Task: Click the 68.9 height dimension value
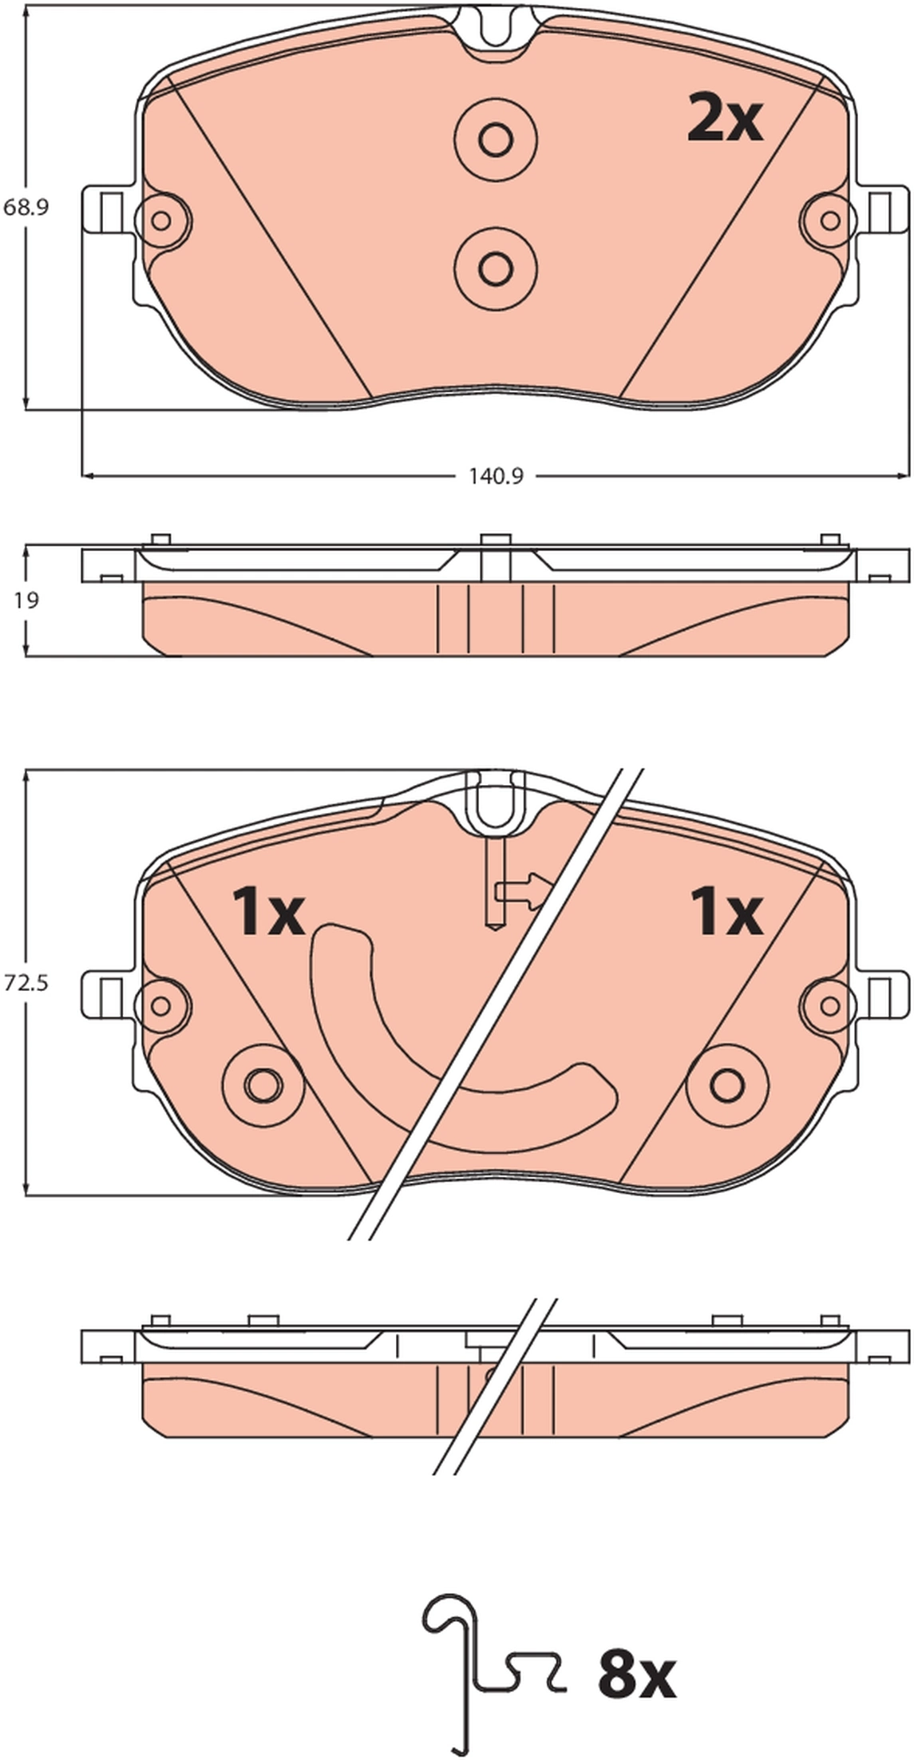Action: click(x=26, y=208)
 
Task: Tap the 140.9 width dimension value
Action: click(x=495, y=477)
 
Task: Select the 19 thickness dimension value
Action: click(x=26, y=601)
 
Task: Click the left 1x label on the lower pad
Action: click(x=267, y=912)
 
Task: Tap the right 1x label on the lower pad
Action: click(x=726, y=912)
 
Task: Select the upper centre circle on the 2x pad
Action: click(x=495, y=141)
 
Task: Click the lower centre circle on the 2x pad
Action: click(x=495, y=267)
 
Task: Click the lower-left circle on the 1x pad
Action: click(x=263, y=1084)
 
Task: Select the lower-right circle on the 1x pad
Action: click(x=727, y=1084)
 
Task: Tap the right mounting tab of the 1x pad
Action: click(x=884, y=995)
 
